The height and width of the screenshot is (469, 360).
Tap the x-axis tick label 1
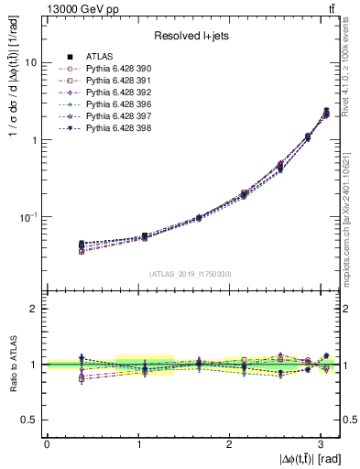[137, 442]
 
